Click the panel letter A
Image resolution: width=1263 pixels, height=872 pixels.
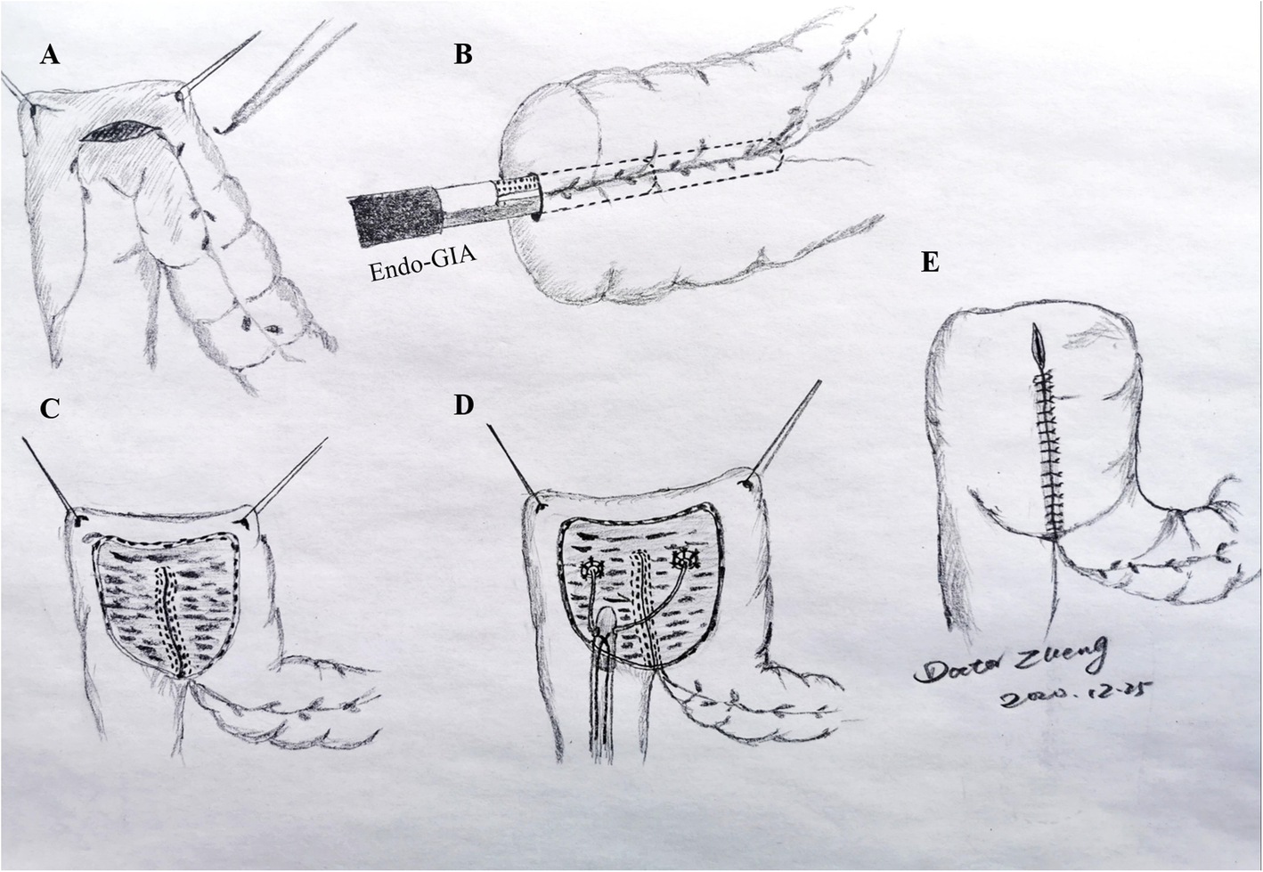coord(50,56)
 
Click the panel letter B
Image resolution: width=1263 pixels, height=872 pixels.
coord(463,54)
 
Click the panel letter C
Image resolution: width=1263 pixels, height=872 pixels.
coord(50,409)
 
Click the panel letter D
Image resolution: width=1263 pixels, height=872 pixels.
coord(463,405)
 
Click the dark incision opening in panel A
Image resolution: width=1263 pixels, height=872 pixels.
coord(120,132)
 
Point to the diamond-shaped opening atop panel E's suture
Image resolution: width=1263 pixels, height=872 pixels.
coord(1038,342)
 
